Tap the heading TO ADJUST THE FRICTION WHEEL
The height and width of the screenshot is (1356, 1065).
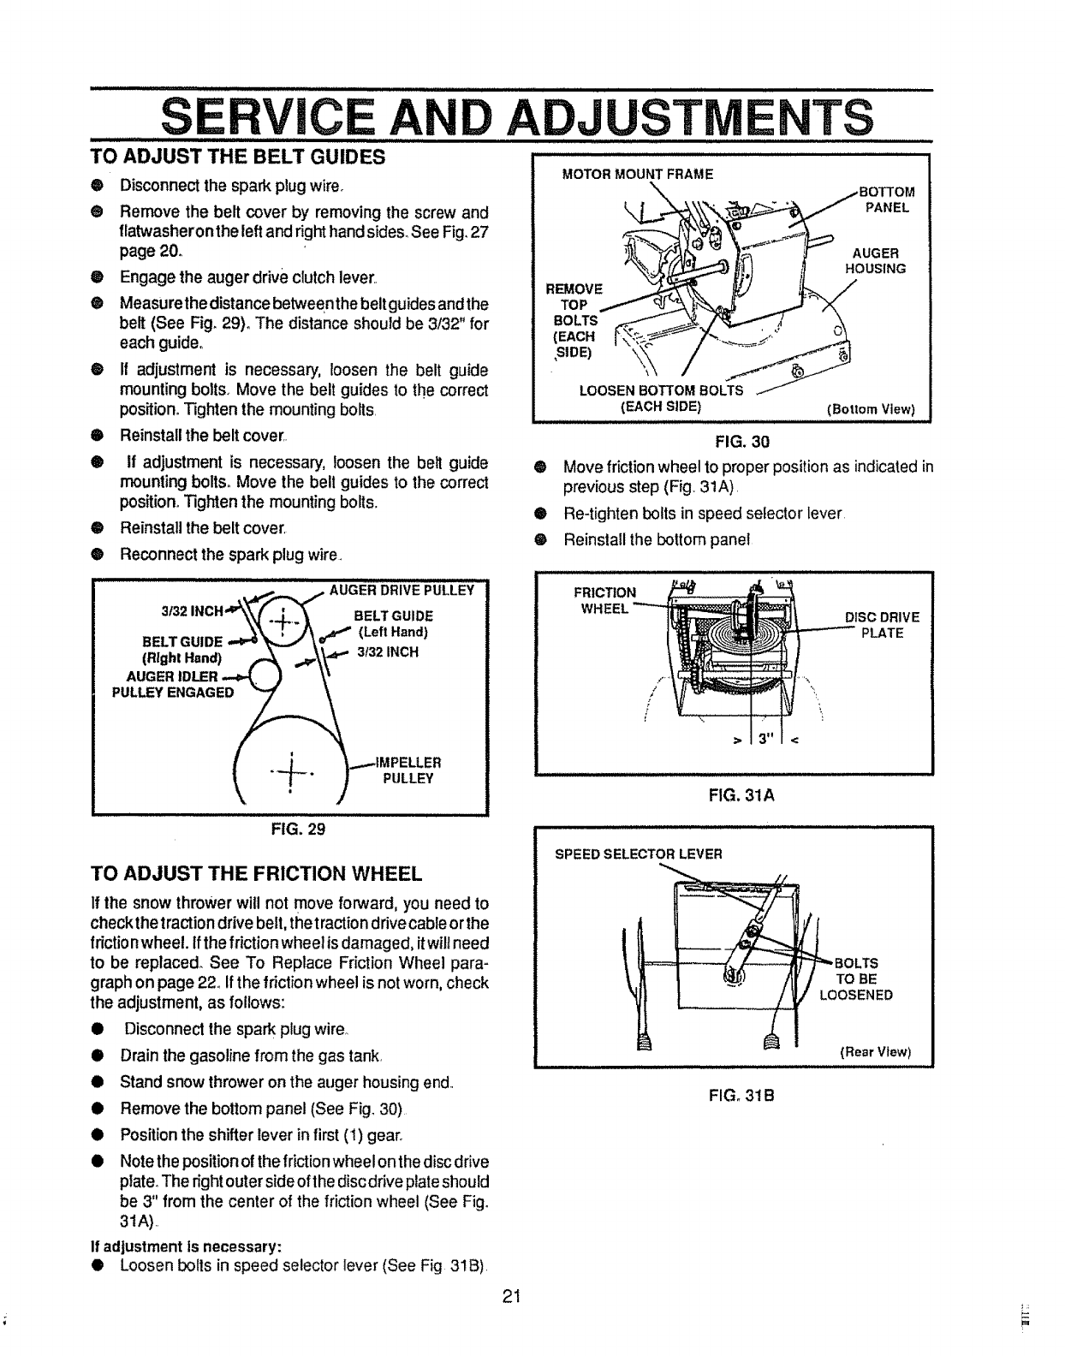257,873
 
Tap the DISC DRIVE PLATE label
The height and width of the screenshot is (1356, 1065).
882,625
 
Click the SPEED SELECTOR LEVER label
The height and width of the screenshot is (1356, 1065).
639,853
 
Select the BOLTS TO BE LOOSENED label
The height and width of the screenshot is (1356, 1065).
856,978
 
